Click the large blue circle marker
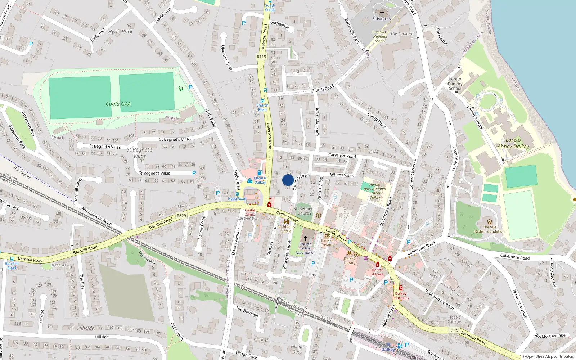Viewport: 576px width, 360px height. pos(288,180)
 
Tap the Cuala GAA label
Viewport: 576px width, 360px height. pos(118,104)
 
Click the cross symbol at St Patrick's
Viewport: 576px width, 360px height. pos(382,13)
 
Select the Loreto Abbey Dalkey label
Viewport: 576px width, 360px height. pos(513,143)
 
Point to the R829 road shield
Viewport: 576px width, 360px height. pos(181,216)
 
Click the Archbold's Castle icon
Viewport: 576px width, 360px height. pos(286,222)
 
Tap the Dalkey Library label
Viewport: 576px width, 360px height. pos(349,261)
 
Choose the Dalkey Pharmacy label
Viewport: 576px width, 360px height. pos(401,296)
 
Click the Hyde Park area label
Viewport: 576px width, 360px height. pos(120,32)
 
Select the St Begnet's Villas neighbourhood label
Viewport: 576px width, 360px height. pos(140,153)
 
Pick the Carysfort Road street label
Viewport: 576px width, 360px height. pos(342,156)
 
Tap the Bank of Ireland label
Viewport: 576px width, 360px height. pos(327,243)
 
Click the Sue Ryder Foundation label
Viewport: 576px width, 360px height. pos(489,229)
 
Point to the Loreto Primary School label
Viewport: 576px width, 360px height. pos(455,84)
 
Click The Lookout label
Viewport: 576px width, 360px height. pos(402,34)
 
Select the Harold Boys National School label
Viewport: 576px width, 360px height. pos(375,191)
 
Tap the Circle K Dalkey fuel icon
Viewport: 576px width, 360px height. pos(260,173)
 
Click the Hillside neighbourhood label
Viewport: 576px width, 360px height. pos(86,328)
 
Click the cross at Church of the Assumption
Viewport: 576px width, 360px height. pos(306,238)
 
